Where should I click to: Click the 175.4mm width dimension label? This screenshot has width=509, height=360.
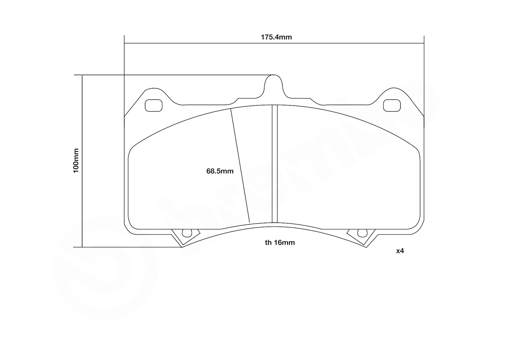276,37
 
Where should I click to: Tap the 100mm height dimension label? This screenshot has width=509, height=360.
76,161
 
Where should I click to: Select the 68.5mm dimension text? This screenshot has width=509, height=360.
220,171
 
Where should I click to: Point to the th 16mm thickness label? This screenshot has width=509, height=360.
280,242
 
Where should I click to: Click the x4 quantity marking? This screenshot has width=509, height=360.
400,251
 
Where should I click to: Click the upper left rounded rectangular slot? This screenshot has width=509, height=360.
154,105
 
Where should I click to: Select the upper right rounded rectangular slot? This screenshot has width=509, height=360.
391,105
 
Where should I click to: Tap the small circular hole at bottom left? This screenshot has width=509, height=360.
185,233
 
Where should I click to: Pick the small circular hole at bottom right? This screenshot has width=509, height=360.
360,233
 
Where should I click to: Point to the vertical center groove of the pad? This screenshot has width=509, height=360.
275,164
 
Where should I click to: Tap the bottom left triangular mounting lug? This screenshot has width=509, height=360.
184,237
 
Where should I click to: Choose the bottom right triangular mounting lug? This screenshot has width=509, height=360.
362,237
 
